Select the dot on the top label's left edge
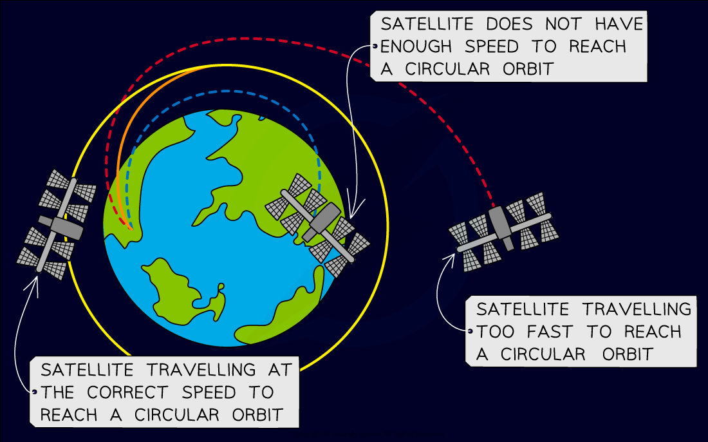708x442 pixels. [374, 46]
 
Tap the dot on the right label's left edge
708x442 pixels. [471, 332]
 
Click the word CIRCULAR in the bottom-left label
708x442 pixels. [174, 415]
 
